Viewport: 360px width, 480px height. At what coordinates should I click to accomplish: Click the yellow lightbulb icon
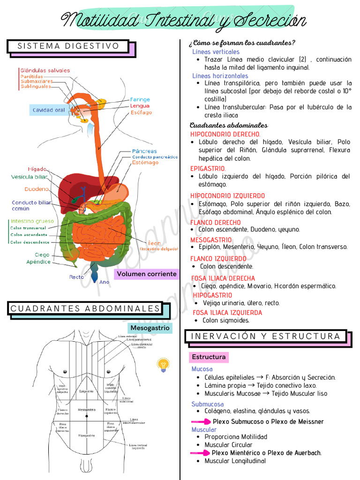[x=163, y=365]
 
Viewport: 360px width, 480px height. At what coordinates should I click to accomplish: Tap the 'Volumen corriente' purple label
[x=147, y=274]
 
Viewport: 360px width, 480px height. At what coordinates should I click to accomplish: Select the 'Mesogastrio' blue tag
[x=150, y=328]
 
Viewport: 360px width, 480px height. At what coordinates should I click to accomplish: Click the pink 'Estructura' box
[x=209, y=357]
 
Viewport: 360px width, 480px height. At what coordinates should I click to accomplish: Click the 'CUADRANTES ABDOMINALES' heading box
[x=85, y=308]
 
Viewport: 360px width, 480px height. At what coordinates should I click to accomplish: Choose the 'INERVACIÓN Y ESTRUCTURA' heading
[x=266, y=336]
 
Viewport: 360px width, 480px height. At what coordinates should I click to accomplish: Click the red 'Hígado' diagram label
[x=37, y=169]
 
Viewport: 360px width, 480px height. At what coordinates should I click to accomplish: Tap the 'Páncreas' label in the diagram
[x=144, y=151]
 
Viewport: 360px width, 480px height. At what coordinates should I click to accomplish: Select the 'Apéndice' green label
[x=38, y=262]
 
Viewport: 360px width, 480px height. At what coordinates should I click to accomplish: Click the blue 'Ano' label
[x=104, y=282]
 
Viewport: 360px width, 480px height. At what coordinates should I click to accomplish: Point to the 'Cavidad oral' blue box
[x=49, y=110]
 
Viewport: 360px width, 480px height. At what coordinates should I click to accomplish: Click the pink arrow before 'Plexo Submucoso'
[x=201, y=422]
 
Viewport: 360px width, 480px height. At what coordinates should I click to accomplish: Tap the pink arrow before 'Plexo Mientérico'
[x=200, y=453]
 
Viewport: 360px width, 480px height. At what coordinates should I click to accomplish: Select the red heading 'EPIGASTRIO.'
[x=208, y=168]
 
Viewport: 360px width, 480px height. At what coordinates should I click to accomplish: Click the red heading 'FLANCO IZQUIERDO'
[x=218, y=258]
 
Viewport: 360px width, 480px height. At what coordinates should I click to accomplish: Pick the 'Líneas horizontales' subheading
[x=220, y=75]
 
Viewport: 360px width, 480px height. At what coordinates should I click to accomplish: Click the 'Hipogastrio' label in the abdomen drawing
[x=87, y=435]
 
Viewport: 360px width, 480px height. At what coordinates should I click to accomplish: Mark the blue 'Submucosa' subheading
[x=207, y=404]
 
